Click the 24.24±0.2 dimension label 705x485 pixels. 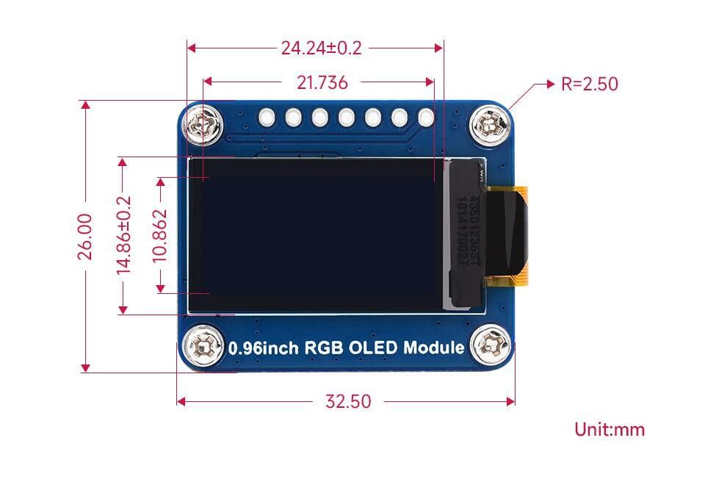coord(321,48)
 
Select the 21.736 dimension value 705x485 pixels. coord(322,82)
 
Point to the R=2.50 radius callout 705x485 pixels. coord(589,84)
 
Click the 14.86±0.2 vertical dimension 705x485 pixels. coord(124,235)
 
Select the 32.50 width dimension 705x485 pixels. coord(348,401)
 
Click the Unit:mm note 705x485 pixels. coord(610,429)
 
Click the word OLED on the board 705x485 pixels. coord(372,348)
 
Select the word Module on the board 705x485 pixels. coord(434,348)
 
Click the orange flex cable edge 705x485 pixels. coord(522,235)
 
